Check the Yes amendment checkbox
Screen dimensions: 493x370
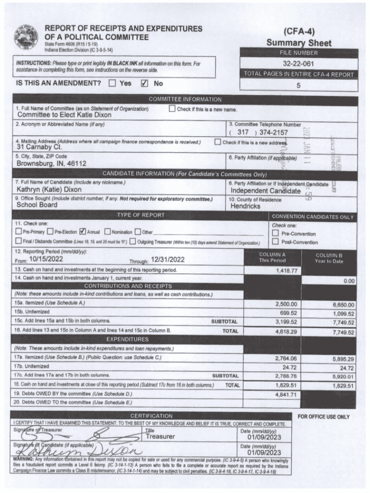pyautogui.click(x=112, y=83)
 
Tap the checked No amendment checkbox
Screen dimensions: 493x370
pyautogui.click(x=144, y=83)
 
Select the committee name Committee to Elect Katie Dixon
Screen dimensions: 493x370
pyautogui.click(x=64, y=115)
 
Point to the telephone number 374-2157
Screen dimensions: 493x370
pyautogui.click(x=273, y=132)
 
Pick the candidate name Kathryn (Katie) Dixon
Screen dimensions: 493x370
pyautogui.click(x=49, y=189)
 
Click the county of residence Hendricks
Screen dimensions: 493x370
pyautogui.click(x=246, y=206)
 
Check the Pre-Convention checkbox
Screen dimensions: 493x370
pyautogui.click(x=275, y=234)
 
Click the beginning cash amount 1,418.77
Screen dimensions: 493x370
pyautogui.click(x=287, y=271)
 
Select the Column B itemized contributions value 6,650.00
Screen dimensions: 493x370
pyautogui.click(x=343, y=305)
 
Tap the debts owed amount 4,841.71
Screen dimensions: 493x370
pyautogui.click(x=287, y=395)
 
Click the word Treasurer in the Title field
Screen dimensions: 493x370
pyautogui.click(x=160, y=437)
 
